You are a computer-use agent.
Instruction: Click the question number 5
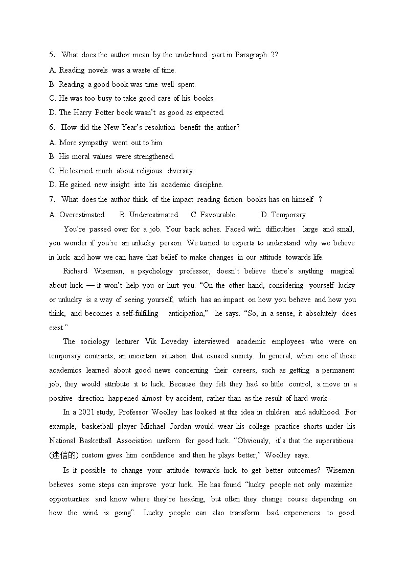tap(52, 55)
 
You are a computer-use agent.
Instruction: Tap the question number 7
tap(52, 199)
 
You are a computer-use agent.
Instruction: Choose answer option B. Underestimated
tap(149, 215)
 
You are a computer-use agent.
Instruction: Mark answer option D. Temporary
tap(283, 215)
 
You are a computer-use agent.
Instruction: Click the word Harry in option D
tap(83, 112)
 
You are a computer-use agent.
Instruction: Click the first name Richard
tap(75, 271)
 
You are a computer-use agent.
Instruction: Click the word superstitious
tap(329, 441)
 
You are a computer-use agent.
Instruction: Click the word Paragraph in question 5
tap(251, 55)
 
